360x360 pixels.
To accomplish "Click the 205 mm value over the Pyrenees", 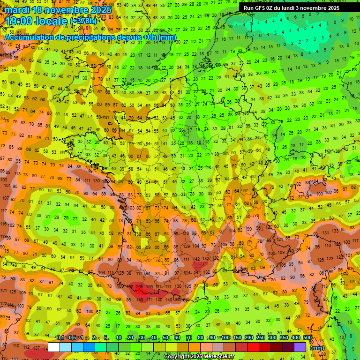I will click(139, 285).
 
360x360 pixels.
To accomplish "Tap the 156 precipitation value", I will click(150, 286).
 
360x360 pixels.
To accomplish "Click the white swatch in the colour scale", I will click(54, 347).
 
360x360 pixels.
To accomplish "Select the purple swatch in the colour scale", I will click(300, 347).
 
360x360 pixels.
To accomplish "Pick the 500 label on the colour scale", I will click(307, 337).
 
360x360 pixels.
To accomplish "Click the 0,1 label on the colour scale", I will click(60, 337).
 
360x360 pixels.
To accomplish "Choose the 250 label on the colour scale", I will click(261, 337).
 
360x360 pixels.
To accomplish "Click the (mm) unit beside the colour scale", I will click(317, 348).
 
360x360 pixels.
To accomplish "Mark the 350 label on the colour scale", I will click(284, 337).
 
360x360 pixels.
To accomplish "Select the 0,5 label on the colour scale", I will click(72, 337).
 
